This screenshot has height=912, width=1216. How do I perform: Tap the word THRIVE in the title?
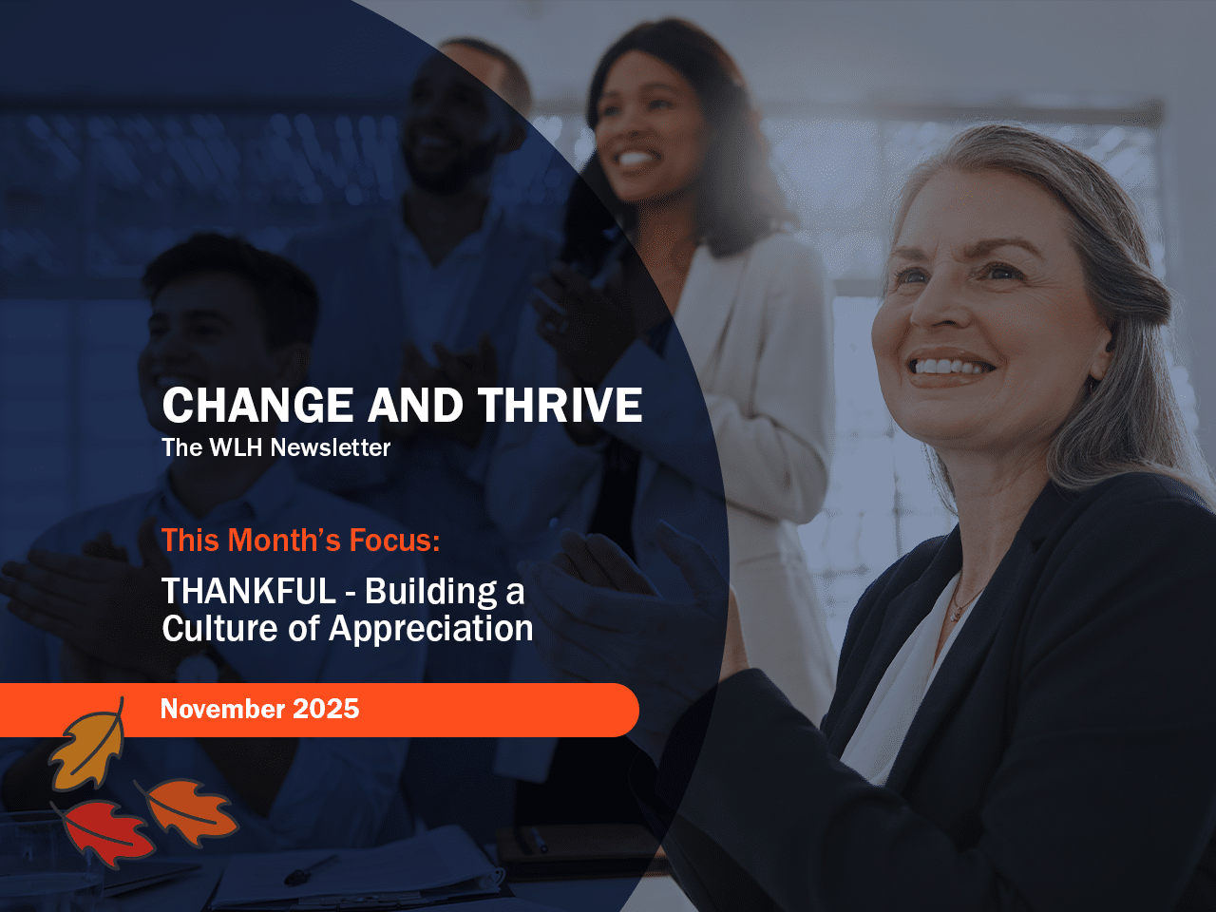560,406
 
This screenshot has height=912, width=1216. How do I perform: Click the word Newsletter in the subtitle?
331,447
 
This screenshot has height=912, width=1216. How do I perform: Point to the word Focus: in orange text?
394,541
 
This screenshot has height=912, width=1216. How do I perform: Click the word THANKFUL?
249,592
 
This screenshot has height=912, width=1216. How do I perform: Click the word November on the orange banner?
222,709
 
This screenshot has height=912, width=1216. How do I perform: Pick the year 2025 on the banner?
326,709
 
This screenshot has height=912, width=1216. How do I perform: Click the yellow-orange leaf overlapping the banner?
88,748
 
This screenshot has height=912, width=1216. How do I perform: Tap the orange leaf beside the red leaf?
189,810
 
